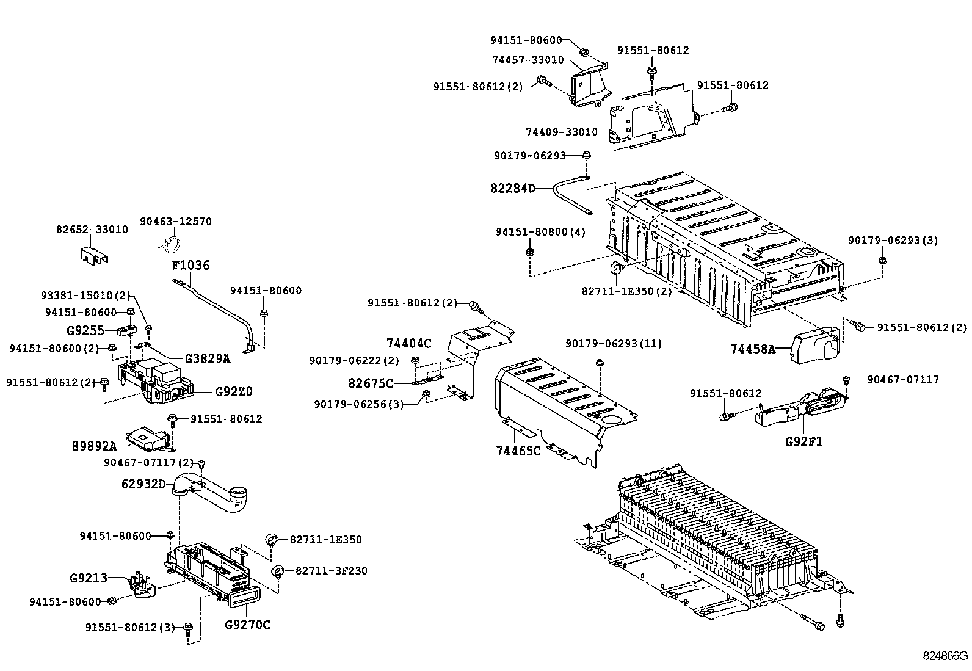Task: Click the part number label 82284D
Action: [x=512, y=188]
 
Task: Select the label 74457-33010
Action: [x=528, y=60]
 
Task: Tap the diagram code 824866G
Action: [x=945, y=656]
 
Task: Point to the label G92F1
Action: [x=803, y=441]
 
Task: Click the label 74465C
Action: [x=518, y=451]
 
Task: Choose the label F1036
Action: [x=190, y=265]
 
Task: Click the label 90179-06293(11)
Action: [x=613, y=344]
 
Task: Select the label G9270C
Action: [x=247, y=624]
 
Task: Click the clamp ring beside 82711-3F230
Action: [x=278, y=571]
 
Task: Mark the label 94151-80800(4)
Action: [x=540, y=232]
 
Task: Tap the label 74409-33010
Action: [x=561, y=132]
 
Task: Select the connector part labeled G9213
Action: [x=140, y=586]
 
